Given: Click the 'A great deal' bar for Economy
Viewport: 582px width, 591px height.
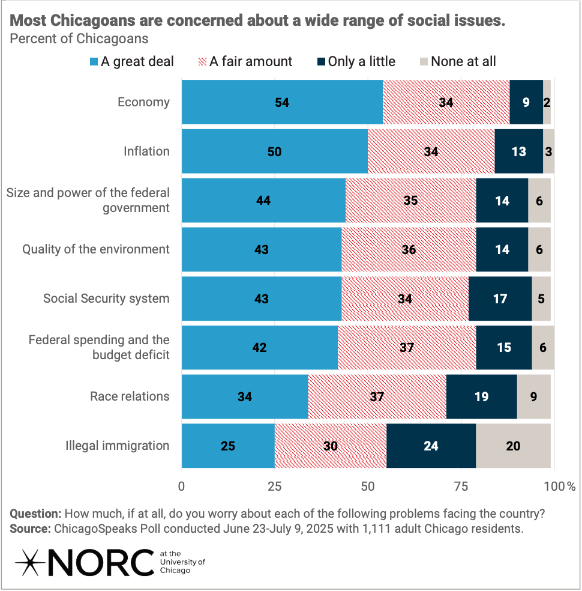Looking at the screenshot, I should click(x=282, y=102).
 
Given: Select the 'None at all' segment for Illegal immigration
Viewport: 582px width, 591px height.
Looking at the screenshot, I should click(x=513, y=446).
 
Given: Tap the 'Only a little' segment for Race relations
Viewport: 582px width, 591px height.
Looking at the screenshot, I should click(x=481, y=396).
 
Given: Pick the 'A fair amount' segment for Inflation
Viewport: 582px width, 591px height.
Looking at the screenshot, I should click(x=431, y=151).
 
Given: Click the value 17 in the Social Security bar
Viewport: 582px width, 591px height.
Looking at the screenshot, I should click(x=500, y=299).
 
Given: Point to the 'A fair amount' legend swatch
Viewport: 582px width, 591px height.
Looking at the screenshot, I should click(x=202, y=61).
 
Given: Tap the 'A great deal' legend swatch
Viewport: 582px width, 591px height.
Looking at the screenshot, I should click(x=94, y=61).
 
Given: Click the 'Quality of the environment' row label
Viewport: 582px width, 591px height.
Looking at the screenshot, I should click(x=96, y=249).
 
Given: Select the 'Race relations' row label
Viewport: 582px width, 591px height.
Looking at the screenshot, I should click(x=130, y=396).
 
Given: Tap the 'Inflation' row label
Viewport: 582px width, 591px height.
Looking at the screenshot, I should click(x=147, y=151).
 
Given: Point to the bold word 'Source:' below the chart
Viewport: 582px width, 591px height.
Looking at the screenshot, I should click(x=31, y=529).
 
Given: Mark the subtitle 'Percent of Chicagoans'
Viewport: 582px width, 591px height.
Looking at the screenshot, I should click(x=79, y=39).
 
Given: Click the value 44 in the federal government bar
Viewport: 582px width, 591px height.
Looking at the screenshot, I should click(x=263, y=201).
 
